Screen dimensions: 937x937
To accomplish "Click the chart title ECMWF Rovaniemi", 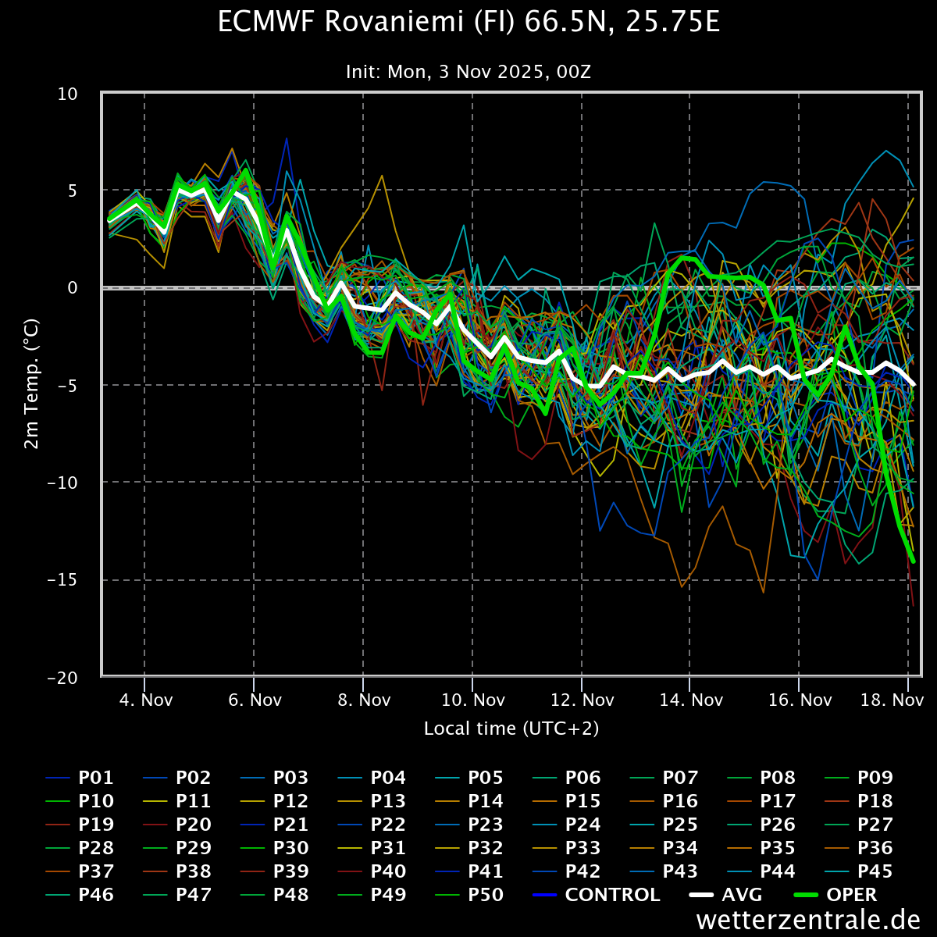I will (468, 23).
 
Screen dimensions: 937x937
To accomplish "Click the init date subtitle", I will (468, 72).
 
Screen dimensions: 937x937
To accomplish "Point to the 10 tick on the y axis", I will (69, 94).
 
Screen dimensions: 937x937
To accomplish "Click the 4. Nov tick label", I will (145, 700).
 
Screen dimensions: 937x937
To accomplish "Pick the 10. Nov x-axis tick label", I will (472, 700).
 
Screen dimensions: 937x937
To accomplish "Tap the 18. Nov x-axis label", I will (892, 700).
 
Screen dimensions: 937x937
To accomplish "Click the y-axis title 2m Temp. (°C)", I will (31, 383).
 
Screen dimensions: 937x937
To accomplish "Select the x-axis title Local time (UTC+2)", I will (511, 729).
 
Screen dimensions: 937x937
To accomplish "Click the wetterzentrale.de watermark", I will (808, 921).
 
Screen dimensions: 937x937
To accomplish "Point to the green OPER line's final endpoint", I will (913, 561).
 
